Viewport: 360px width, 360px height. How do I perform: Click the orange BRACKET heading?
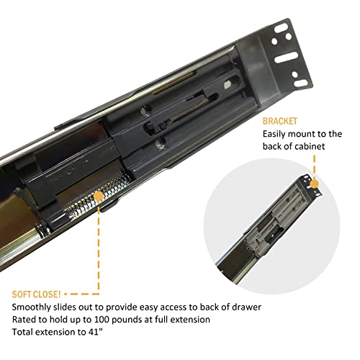[x=280, y=121]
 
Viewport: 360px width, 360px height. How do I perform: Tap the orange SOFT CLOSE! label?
[x=36, y=294]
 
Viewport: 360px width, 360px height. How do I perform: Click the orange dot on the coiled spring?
[x=98, y=197]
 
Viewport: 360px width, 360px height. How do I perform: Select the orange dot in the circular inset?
[x=314, y=184]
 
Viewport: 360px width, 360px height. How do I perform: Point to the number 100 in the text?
[x=102, y=320]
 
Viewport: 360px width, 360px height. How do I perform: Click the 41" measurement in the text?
[x=96, y=332]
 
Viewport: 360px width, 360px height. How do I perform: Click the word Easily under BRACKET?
[x=274, y=135]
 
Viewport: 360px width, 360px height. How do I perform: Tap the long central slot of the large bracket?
[x=287, y=58]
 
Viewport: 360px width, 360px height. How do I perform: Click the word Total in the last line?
[x=22, y=332]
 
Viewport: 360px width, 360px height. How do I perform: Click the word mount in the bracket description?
[x=302, y=134]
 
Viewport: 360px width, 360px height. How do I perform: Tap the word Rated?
[x=24, y=320]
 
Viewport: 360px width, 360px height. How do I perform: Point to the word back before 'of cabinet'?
[x=272, y=146]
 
